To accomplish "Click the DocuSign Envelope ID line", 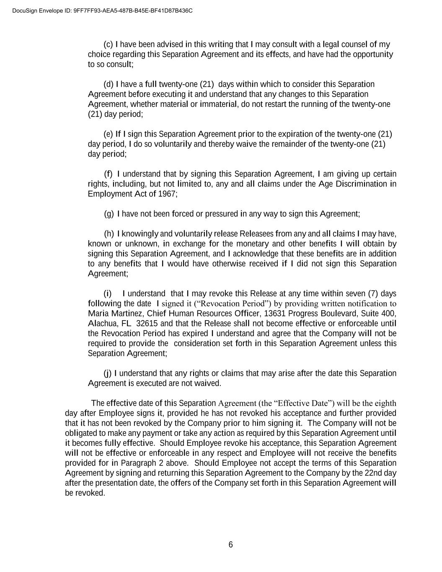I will [x=103, y=10].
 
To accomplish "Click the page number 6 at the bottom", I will [x=230, y=545].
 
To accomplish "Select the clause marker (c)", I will [x=108, y=44].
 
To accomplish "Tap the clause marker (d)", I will [x=109, y=84].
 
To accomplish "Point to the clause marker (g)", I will [x=109, y=214].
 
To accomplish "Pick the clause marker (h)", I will [x=109, y=234].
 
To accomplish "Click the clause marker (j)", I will [x=108, y=373].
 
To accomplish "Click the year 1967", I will [x=167, y=194].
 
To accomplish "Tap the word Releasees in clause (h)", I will [x=257, y=234].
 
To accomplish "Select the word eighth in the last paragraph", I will [x=385, y=403].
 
